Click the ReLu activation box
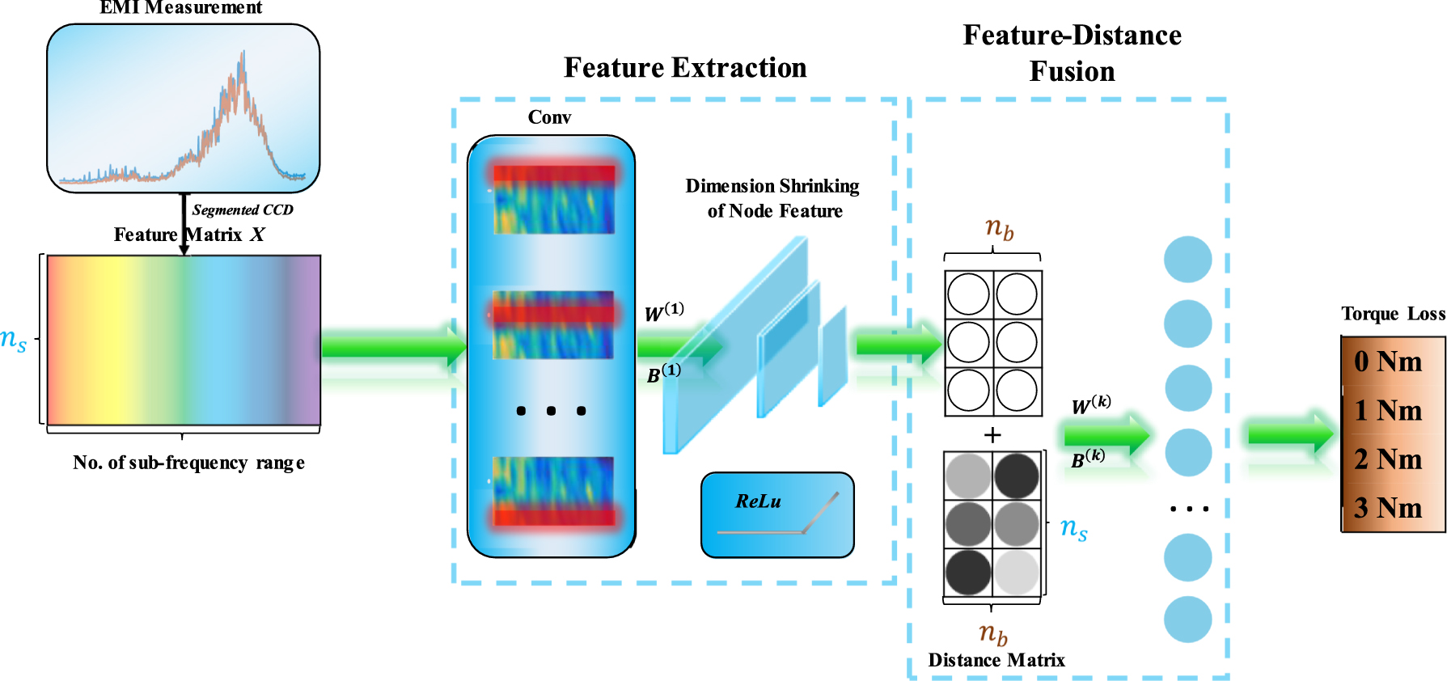777,515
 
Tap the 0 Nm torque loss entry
1388,362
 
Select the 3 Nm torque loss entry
1388,508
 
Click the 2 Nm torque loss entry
1388,459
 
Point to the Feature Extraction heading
685,68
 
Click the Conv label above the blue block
549,118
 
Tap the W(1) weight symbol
664,312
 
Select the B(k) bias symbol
1088,459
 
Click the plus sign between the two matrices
992,435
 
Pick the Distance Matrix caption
996,660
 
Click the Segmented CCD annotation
243,210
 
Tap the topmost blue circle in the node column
1187,260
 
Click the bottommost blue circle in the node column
1187,620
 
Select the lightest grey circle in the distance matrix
1017,572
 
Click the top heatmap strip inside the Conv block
554,200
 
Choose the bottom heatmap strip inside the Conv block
554,491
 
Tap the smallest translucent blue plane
832,356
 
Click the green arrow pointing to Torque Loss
1289,435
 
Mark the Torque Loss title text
1393,314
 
